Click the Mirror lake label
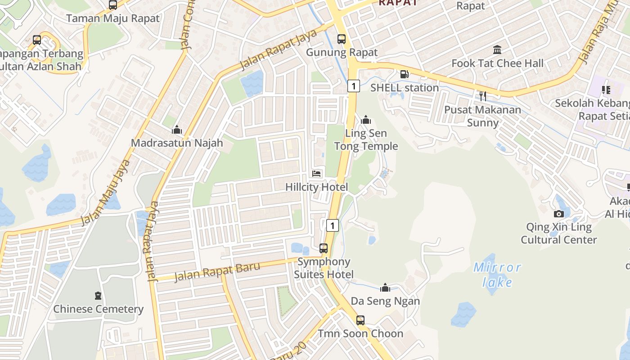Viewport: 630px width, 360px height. pyautogui.click(x=497, y=275)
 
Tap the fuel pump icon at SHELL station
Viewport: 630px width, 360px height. pyautogui.click(x=405, y=74)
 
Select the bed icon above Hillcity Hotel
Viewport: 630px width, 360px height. pyautogui.click(x=317, y=174)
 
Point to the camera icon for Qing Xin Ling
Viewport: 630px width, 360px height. pyautogui.click(x=558, y=214)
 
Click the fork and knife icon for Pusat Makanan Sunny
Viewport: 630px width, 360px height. pyautogui.click(x=482, y=96)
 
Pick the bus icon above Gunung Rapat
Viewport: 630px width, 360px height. pyautogui.click(x=342, y=39)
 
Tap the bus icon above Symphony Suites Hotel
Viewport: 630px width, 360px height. pyautogui.click(x=324, y=248)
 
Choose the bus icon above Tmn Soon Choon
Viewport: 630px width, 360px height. pyautogui.click(x=360, y=320)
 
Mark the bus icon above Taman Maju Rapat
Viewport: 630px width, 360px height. pyautogui.click(x=113, y=5)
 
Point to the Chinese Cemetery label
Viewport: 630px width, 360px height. pyautogui.click(x=98, y=309)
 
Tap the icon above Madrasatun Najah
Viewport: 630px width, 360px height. pyautogui.click(x=177, y=130)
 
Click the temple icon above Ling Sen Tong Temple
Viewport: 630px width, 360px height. pyautogui.click(x=366, y=120)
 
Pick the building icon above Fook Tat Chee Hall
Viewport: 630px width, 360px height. pyautogui.click(x=497, y=49)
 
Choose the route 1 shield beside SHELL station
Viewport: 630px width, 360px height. pyautogui.click(x=354, y=85)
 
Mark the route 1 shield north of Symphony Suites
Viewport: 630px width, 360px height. pyautogui.click(x=332, y=225)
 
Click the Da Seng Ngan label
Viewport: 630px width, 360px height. pyautogui.click(x=385, y=301)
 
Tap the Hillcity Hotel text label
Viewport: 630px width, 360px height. pyautogui.click(x=317, y=187)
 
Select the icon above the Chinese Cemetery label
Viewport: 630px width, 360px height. pyautogui.click(x=98, y=296)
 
